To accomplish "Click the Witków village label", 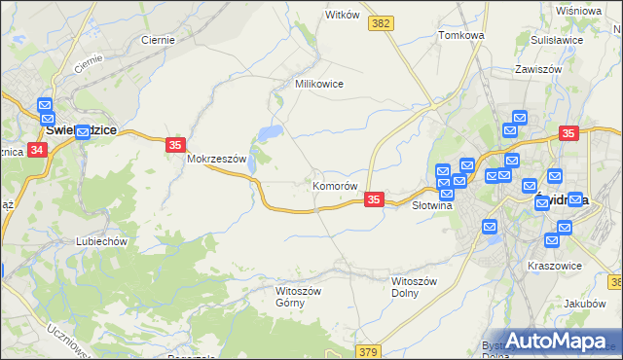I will [343, 16].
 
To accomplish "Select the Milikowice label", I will [319, 84].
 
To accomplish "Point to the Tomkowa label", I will [461, 35].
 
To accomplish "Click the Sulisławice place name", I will [556, 40].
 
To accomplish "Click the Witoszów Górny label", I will [298, 297].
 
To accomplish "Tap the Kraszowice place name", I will [554, 265].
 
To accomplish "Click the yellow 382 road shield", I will [382, 22].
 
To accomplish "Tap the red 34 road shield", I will [37, 150].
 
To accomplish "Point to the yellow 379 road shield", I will [367, 351].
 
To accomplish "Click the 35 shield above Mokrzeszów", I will [174, 145].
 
